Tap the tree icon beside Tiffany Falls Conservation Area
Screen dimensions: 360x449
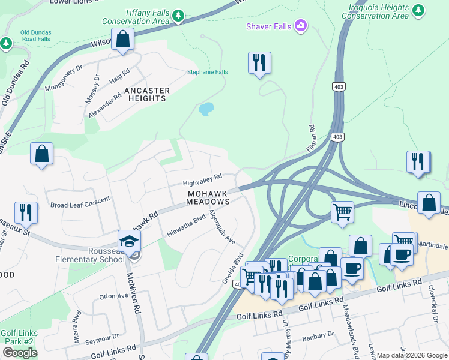tap(178, 16)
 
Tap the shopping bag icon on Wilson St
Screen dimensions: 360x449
tap(122, 40)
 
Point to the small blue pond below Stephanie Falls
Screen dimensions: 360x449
tap(206, 109)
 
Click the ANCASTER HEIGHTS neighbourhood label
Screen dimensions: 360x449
tap(147, 94)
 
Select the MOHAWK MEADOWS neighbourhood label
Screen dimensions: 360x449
tap(208, 198)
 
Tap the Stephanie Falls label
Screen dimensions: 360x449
tap(208, 72)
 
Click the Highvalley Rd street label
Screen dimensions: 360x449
tap(202, 179)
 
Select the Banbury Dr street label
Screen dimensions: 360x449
tap(318, 337)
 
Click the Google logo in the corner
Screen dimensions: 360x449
tap(20, 353)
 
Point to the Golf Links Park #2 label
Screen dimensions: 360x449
tap(19, 337)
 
